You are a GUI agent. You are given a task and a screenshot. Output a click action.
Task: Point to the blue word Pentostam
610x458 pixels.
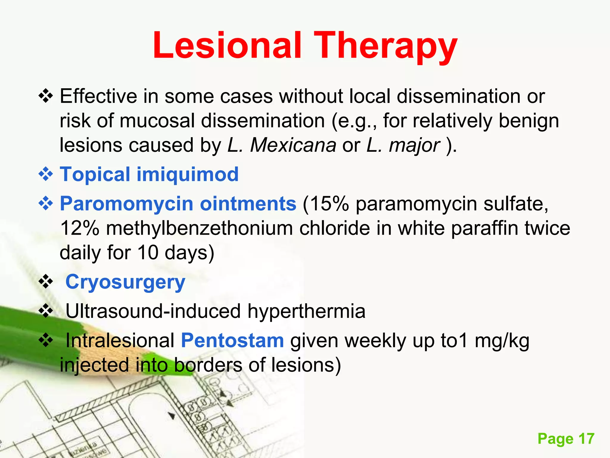[x=232, y=341]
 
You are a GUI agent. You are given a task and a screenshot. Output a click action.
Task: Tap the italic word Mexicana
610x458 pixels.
[x=293, y=145]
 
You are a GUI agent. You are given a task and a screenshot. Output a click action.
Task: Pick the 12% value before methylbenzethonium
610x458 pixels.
[x=80, y=228]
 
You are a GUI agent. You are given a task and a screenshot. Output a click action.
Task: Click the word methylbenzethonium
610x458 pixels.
[x=199, y=228]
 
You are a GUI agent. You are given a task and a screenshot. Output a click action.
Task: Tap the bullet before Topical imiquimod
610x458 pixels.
[x=46, y=174]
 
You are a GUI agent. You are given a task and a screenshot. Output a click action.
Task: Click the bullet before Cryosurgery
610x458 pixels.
[x=46, y=282]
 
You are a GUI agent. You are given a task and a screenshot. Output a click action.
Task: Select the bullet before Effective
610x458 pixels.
[x=46, y=96]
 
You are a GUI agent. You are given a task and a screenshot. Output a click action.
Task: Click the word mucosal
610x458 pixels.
[x=157, y=121]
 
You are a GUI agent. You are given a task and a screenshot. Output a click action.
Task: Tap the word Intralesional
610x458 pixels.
[x=120, y=341]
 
